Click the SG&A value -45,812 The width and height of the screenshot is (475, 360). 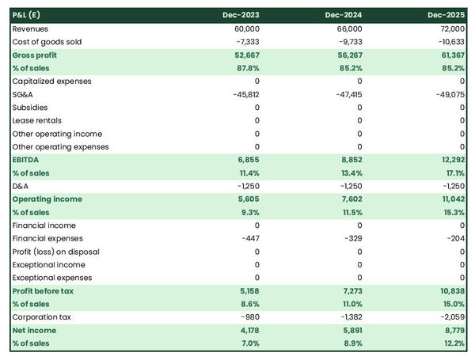tap(245, 94)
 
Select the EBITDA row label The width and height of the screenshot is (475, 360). tap(28, 160)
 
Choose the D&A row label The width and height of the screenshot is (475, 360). tap(21, 186)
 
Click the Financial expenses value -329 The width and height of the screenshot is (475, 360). tap(351, 238)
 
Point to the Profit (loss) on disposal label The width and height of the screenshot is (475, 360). tap(55, 252)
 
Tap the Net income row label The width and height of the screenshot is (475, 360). tap(34, 330)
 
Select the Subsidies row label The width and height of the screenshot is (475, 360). tap(30, 108)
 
